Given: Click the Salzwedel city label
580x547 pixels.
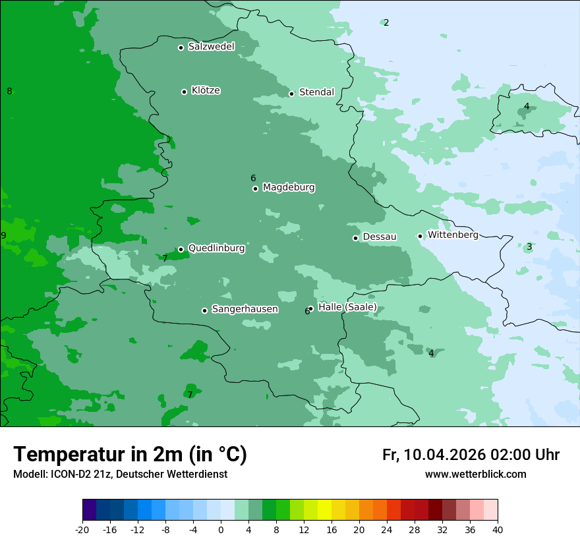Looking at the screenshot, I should click(x=211, y=47).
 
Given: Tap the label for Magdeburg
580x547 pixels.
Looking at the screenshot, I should click(x=289, y=188).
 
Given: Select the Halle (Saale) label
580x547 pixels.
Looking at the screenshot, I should click(x=347, y=307).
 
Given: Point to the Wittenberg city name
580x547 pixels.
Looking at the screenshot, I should click(x=453, y=235).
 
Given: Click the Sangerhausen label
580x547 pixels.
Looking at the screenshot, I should click(x=245, y=309).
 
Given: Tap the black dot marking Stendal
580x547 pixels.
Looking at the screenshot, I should click(x=291, y=94).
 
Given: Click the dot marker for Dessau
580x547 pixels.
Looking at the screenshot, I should click(x=355, y=238).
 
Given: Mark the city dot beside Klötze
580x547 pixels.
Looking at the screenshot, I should click(x=184, y=92).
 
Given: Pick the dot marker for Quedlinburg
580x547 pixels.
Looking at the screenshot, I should click(x=181, y=249).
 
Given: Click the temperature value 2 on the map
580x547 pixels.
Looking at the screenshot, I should click(x=386, y=23).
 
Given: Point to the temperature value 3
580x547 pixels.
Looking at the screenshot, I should click(x=529, y=247).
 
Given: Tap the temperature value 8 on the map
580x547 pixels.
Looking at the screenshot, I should click(x=9, y=92).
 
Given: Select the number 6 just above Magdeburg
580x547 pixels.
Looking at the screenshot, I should click(x=253, y=179).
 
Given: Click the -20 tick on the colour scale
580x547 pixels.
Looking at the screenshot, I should click(x=82, y=530).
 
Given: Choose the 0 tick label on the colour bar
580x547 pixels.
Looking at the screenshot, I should click(x=221, y=530).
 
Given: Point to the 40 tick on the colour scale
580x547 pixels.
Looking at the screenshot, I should click(x=497, y=530).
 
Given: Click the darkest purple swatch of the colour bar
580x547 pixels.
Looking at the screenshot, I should click(x=90, y=510).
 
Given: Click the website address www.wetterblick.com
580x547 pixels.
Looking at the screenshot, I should click(x=475, y=475).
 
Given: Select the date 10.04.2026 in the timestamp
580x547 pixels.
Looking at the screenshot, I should click(x=444, y=455).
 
